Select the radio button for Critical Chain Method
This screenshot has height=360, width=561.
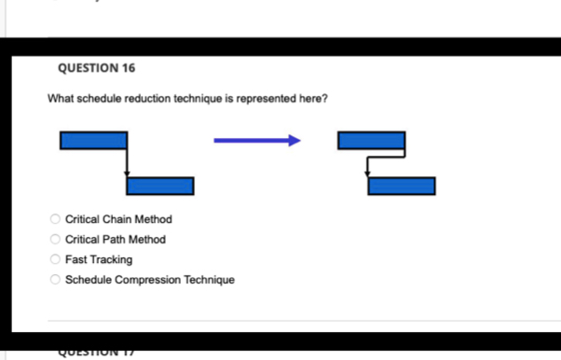tap(55, 220)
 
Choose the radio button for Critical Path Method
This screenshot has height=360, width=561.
tap(55, 240)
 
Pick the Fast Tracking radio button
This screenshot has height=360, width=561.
tap(55, 259)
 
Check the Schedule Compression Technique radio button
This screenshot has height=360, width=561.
tap(55, 280)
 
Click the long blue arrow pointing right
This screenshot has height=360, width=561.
tap(257, 141)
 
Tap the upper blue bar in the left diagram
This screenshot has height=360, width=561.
tap(93, 141)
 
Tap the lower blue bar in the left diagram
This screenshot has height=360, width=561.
tap(160, 186)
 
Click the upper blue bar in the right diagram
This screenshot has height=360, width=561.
tap(371, 141)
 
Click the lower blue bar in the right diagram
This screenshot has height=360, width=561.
tap(402, 186)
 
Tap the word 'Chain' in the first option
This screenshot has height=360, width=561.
tap(120, 220)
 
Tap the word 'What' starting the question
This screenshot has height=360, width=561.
tap(61, 99)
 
